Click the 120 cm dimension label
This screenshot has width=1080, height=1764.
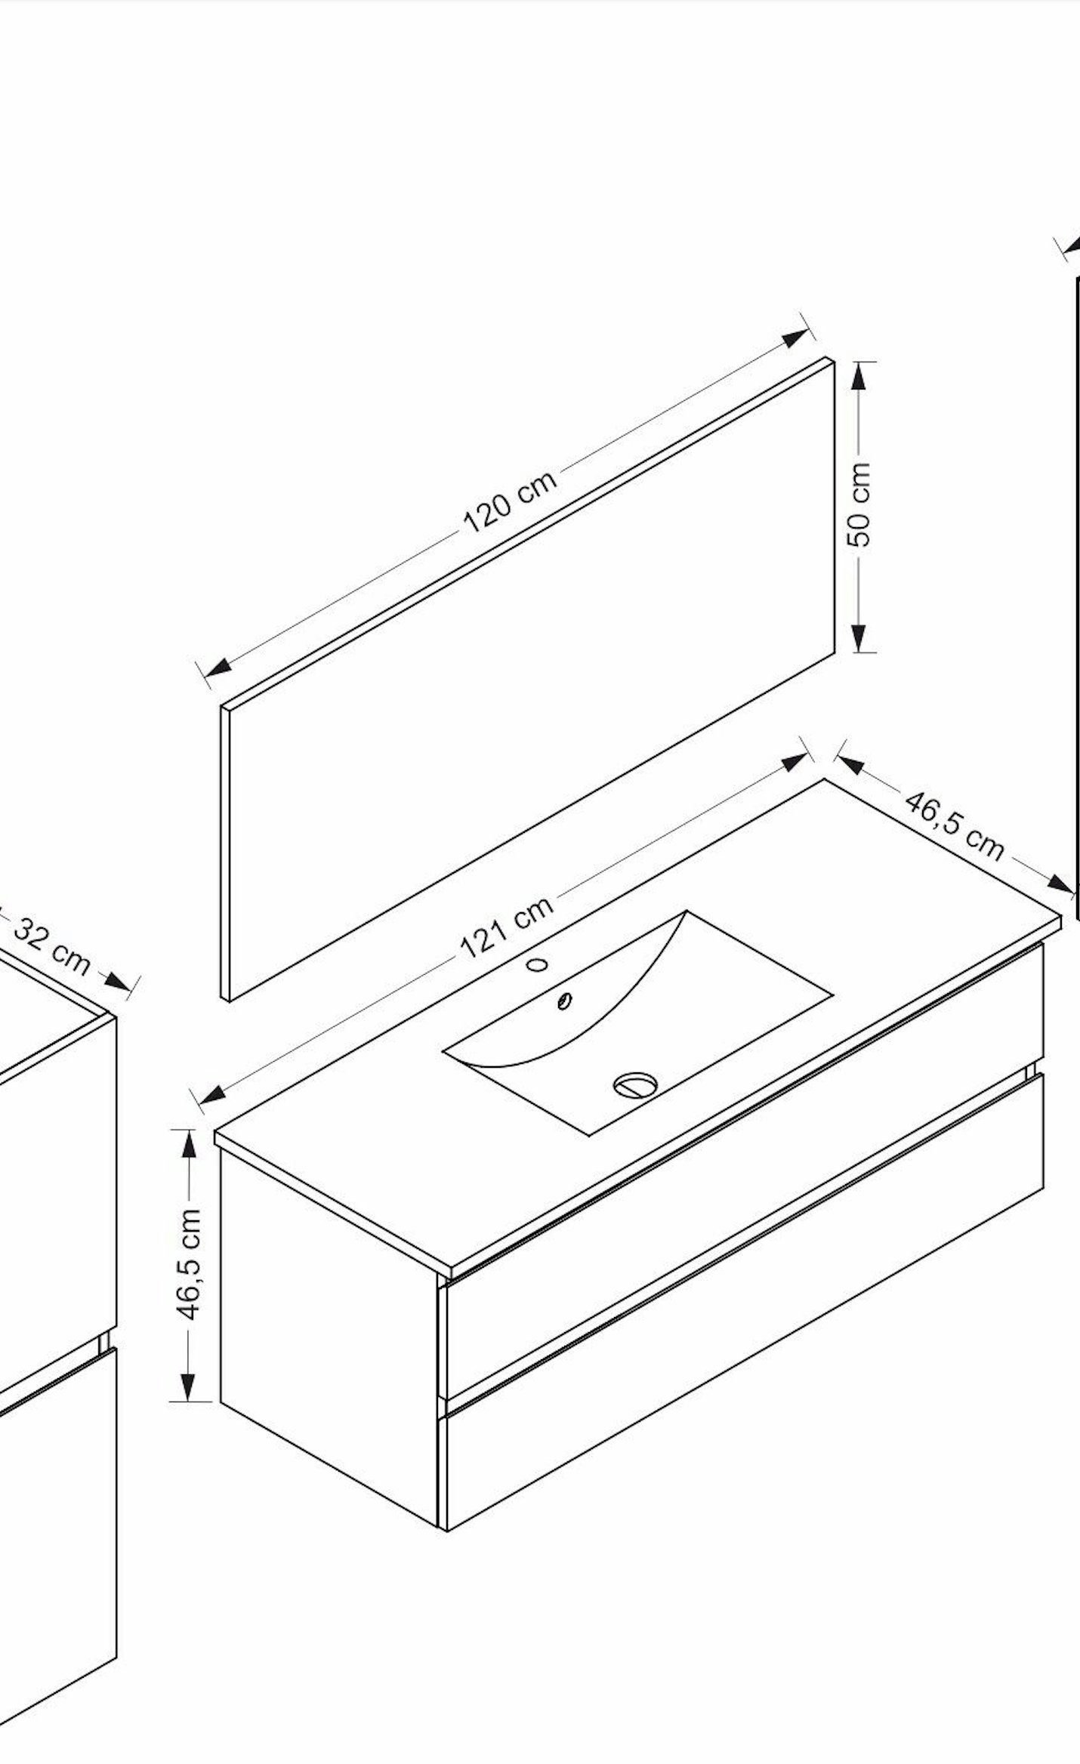coord(511,500)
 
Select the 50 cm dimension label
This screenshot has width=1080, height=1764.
coord(859,504)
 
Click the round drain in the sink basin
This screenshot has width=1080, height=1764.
coord(634,1085)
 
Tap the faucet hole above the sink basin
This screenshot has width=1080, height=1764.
coord(538,964)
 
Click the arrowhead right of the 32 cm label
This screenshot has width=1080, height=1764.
coord(117,981)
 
